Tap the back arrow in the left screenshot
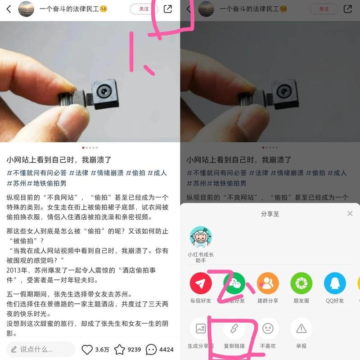(9, 9)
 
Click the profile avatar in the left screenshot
(26, 9)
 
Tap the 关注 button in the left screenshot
(144, 9)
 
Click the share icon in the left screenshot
(167, 9)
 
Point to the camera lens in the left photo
(104, 91)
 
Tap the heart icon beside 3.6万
(87, 350)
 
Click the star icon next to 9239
(120, 350)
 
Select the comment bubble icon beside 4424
(151, 350)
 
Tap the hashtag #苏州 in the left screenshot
(16, 183)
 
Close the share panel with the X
(350, 213)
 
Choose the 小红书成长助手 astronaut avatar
(201, 237)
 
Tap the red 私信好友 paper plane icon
(201, 283)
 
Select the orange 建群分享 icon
(268, 283)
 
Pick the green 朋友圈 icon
(301, 283)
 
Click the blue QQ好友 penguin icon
(335, 283)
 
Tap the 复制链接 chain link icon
(234, 328)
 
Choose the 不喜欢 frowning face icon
(268, 328)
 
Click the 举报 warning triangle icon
(301, 328)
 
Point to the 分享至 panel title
(270, 214)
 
